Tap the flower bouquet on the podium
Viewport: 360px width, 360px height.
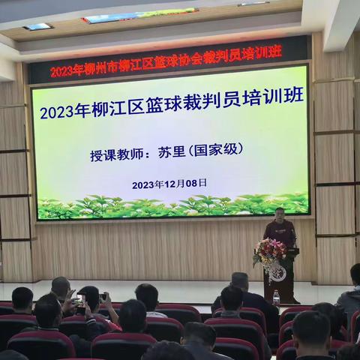click(x=269, y=251)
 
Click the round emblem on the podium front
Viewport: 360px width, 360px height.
click(x=277, y=273)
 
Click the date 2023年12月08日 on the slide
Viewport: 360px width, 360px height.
click(x=169, y=184)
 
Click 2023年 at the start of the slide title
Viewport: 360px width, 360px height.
click(x=58, y=112)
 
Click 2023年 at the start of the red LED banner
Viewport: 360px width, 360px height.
click(x=66, y=71)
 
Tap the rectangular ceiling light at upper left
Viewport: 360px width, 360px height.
click(x=37, y=27)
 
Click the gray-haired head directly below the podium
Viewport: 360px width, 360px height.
click(x=239, y=280)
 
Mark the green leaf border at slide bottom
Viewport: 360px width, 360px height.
click(x=172, y=206)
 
